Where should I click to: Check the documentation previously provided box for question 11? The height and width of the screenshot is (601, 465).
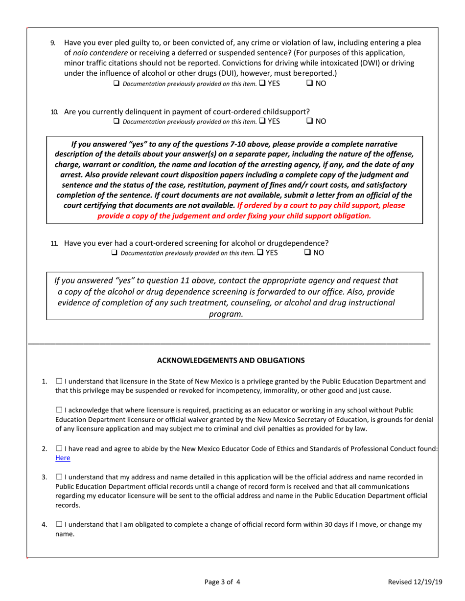click(115, 253)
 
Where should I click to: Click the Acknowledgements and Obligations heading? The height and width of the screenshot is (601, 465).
click(231, 361)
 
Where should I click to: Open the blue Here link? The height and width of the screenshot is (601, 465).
click(63, 458)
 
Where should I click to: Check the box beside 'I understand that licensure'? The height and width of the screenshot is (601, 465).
click(59, 381)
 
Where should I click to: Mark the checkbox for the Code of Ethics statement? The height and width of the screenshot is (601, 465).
click(59, 448)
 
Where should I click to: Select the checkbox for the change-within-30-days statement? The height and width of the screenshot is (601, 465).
click(59, 524)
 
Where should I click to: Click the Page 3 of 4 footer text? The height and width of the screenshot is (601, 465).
click(222, 582)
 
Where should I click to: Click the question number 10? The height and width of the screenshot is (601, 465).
click(54, 112)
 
